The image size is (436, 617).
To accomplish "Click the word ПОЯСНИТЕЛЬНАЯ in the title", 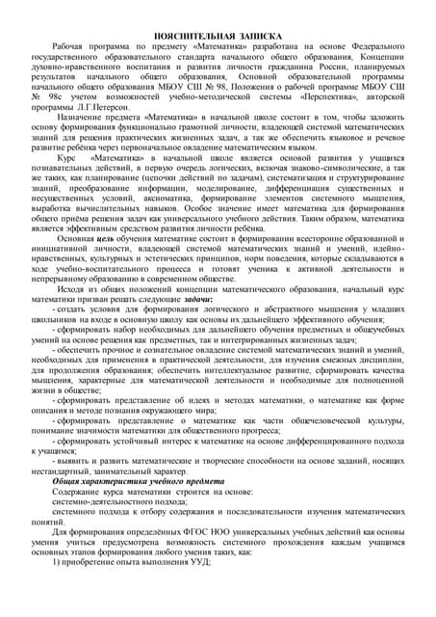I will pyautogui.click(x=194, y=34).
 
